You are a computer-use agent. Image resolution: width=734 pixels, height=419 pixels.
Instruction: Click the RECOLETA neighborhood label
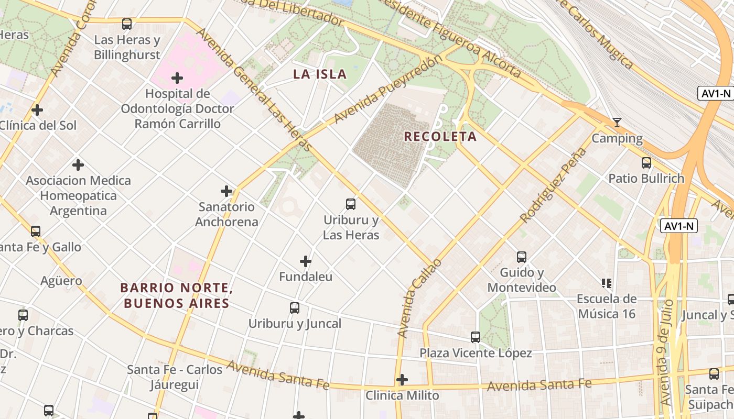click(x=440, y=137)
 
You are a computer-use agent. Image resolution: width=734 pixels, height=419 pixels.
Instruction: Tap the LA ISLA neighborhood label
click(x=320, y=74)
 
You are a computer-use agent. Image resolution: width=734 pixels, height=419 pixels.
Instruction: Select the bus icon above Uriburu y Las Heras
click(x=351, y=204)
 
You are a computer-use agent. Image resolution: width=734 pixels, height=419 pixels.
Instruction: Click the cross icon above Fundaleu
click(x=306, y=261)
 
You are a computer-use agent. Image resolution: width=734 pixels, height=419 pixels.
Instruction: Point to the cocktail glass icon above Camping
click(x=617, y=123)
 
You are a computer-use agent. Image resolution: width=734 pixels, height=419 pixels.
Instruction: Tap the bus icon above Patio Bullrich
click(x=646, y=163)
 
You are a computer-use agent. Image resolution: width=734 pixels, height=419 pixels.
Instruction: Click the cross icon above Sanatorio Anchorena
click(x=226, y=191)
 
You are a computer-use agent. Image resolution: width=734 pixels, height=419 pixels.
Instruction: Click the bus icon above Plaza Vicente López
click(x=476, y=337)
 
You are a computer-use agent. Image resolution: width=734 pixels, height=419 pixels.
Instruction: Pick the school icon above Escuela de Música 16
click(x=607, y=283)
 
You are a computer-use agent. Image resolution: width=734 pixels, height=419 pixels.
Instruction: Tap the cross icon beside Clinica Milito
click(x=402, y=379)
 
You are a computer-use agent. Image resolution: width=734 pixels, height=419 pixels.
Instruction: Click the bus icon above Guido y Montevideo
click(x=521, y=257)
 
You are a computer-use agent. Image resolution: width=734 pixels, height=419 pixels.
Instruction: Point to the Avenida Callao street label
click(x=419, y=297)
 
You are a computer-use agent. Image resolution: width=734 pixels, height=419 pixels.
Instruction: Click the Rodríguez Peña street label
click(x=553, y=185)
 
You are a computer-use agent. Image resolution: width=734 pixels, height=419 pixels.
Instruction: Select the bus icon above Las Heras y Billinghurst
click(x=127, y=24)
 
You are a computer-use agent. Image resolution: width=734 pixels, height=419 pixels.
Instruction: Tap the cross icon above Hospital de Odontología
click(x=177, y=79)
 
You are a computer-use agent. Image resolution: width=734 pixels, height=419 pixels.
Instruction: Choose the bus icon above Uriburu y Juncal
click(x=295, y=308)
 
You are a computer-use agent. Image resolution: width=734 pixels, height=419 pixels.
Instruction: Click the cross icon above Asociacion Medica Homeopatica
click(x=78, y=165)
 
